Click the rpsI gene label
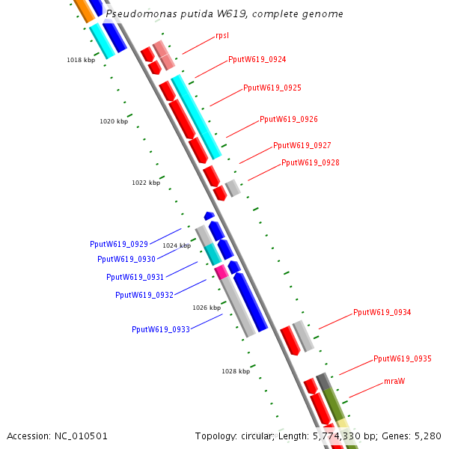coord(222,35)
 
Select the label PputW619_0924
coord(257,59)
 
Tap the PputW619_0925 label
coord(272,88)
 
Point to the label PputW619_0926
coord(289,120)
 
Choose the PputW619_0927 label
coord(302,146)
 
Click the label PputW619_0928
coord(311,163)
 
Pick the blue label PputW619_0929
coord(119,244)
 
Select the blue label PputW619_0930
coord(126,260)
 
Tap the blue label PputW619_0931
coord(135,278)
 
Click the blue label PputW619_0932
coord(144,295)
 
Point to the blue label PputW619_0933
coord(161,329)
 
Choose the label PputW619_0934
coord(382,313)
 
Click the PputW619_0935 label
coord(403,359)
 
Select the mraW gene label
coord(394,382)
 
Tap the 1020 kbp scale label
coord(114,121)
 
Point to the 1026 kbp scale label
coord(207,308)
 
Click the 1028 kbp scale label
coord(235,371)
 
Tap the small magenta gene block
coord(220,271)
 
